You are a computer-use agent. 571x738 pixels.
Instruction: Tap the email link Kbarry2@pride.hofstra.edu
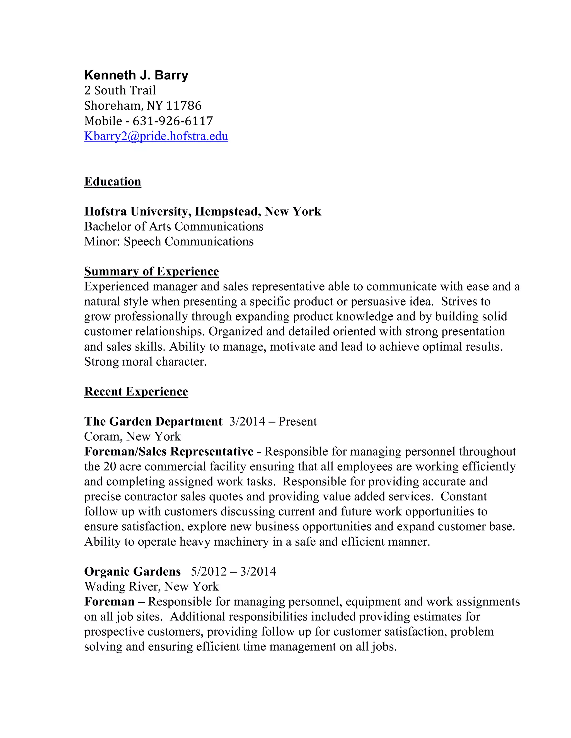coord(156,136)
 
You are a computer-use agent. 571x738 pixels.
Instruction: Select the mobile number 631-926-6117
coord(173,121)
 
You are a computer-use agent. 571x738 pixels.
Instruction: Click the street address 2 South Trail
coord(120,91)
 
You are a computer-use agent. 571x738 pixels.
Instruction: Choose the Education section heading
coord(113,182)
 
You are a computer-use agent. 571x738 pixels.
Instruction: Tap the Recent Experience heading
coord(136,391)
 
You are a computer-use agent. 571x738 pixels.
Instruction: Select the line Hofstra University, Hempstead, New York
coord(203,212)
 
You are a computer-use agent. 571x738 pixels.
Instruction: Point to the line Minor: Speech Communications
coord(169,242)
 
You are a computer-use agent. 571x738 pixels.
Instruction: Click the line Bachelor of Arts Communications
coord(173,226)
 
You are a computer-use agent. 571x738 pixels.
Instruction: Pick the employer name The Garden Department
coord(153,421)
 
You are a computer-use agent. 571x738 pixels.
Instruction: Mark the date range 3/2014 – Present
coord(273,421)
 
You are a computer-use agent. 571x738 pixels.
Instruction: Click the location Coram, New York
coord(132,437)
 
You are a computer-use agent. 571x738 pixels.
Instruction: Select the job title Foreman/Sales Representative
coord(169,451)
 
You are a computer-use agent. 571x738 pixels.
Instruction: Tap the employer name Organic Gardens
coord(132,571)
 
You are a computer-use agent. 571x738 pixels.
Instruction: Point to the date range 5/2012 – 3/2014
coord(233,571)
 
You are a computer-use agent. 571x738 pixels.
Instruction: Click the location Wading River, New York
coord(151,587)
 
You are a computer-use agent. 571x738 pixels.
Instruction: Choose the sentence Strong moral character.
coord(145,361)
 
